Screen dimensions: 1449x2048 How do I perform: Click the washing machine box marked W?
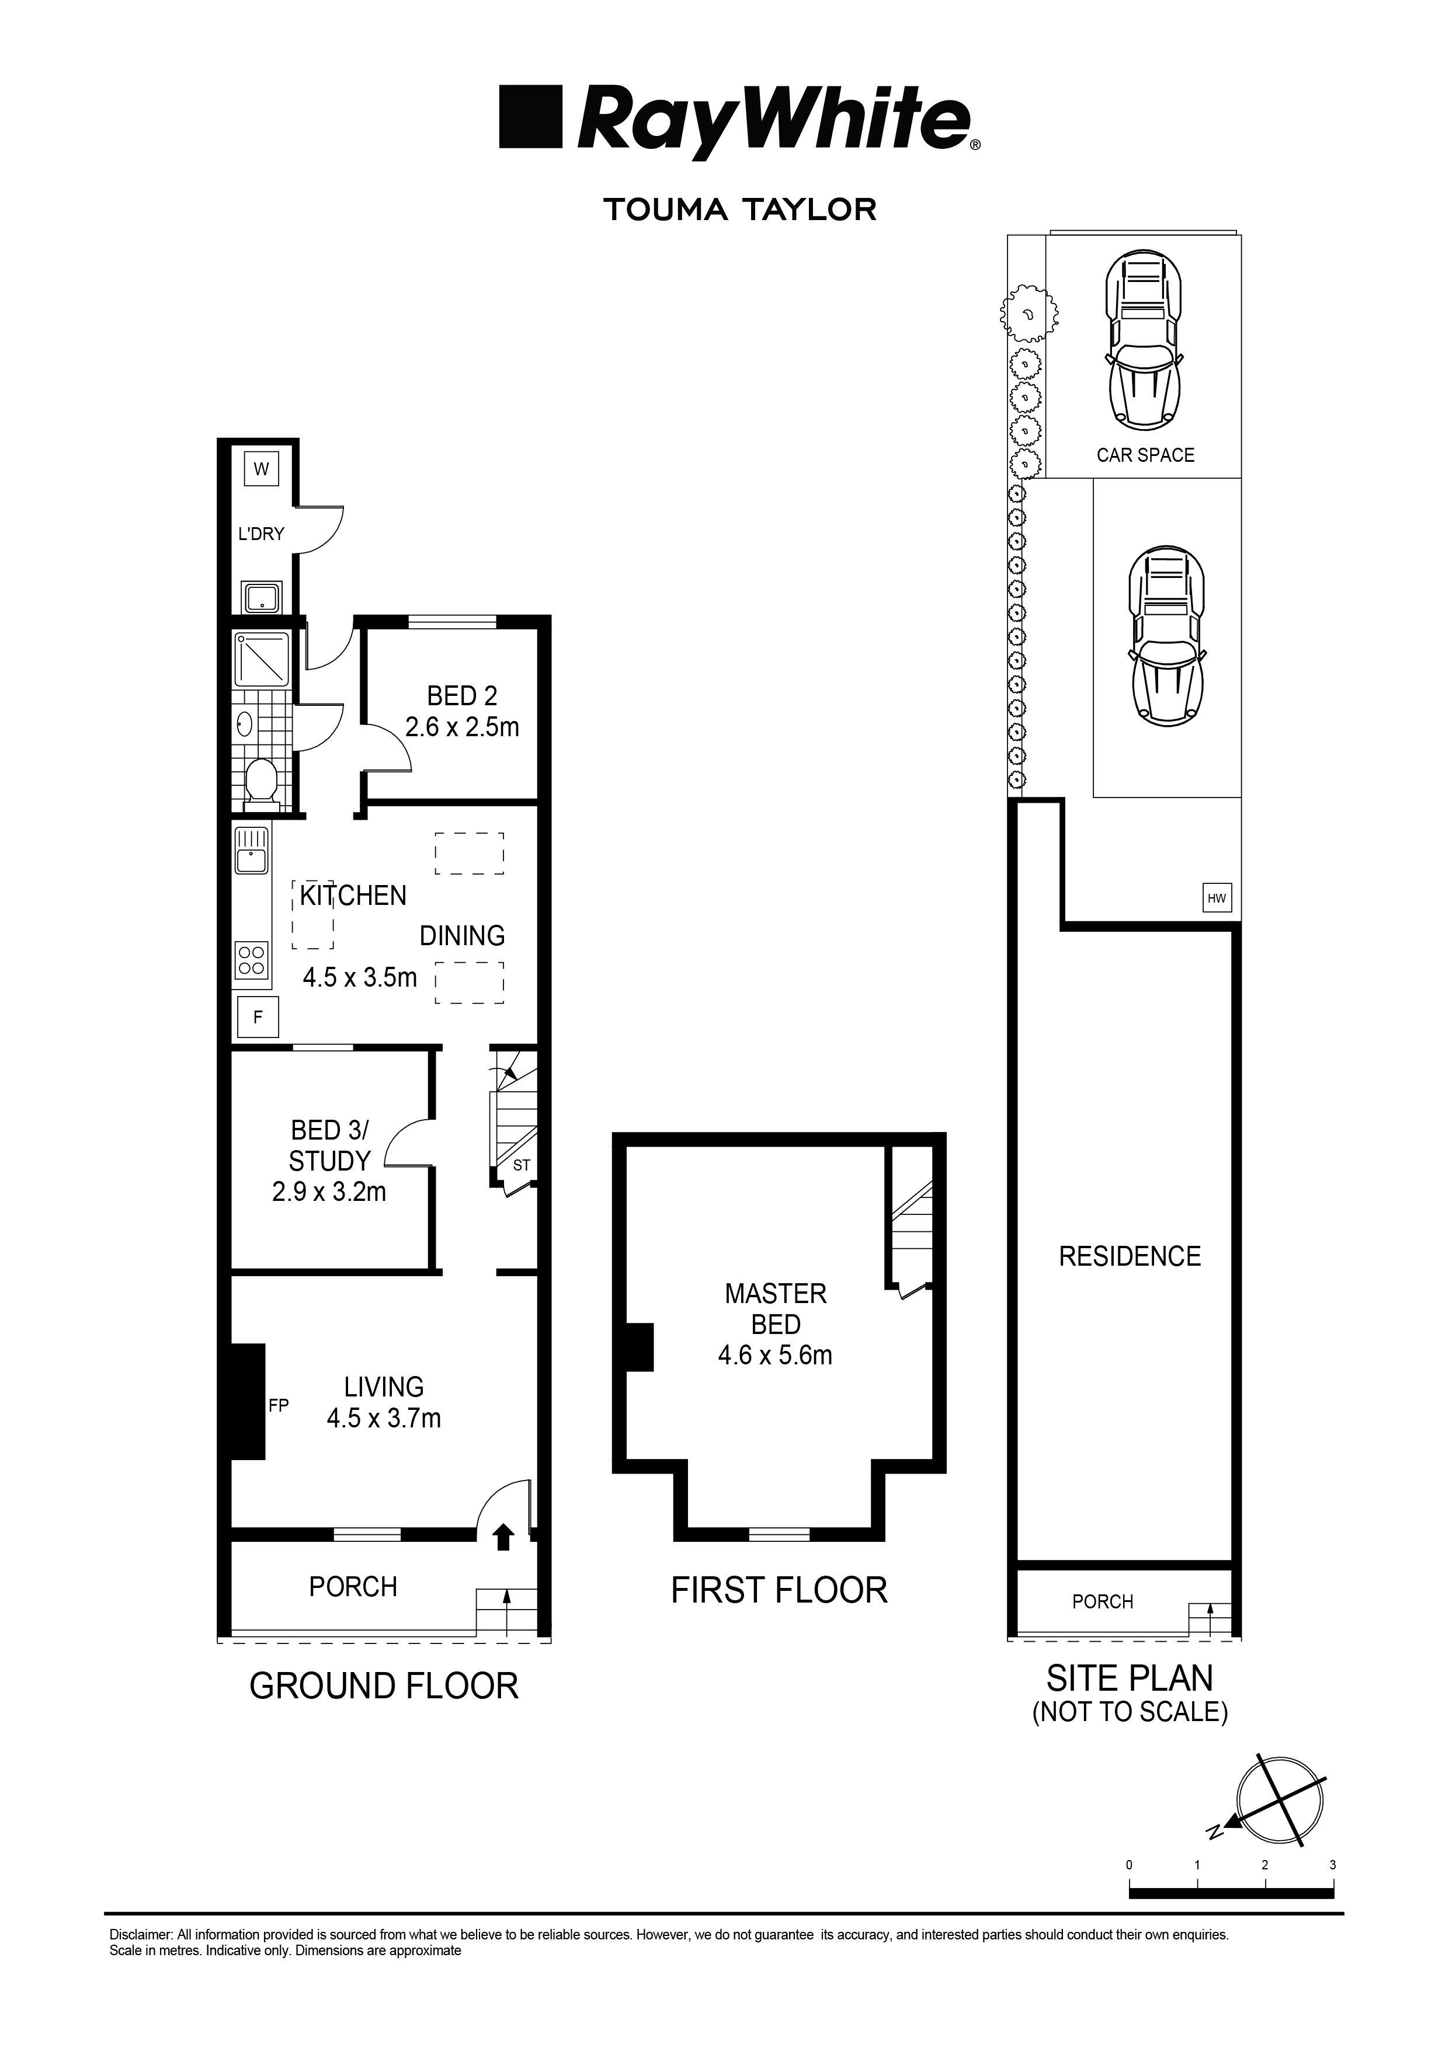[x=262, y=469]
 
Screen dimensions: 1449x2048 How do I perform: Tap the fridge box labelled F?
[x=258, y=1017]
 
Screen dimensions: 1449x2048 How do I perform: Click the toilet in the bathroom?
[x=262, y=783]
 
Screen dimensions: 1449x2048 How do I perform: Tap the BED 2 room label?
[x=462, y=696]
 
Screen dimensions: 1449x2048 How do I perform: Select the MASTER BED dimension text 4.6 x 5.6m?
[x=776, y=1356]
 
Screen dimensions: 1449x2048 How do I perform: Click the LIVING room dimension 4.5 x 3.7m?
[x=384, y=1418]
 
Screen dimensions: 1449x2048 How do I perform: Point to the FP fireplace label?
[x=279, y=1406]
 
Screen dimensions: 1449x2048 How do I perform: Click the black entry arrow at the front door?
[x=504, y=1536]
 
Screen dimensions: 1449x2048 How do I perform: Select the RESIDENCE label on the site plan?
[x=1130, y=1256]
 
